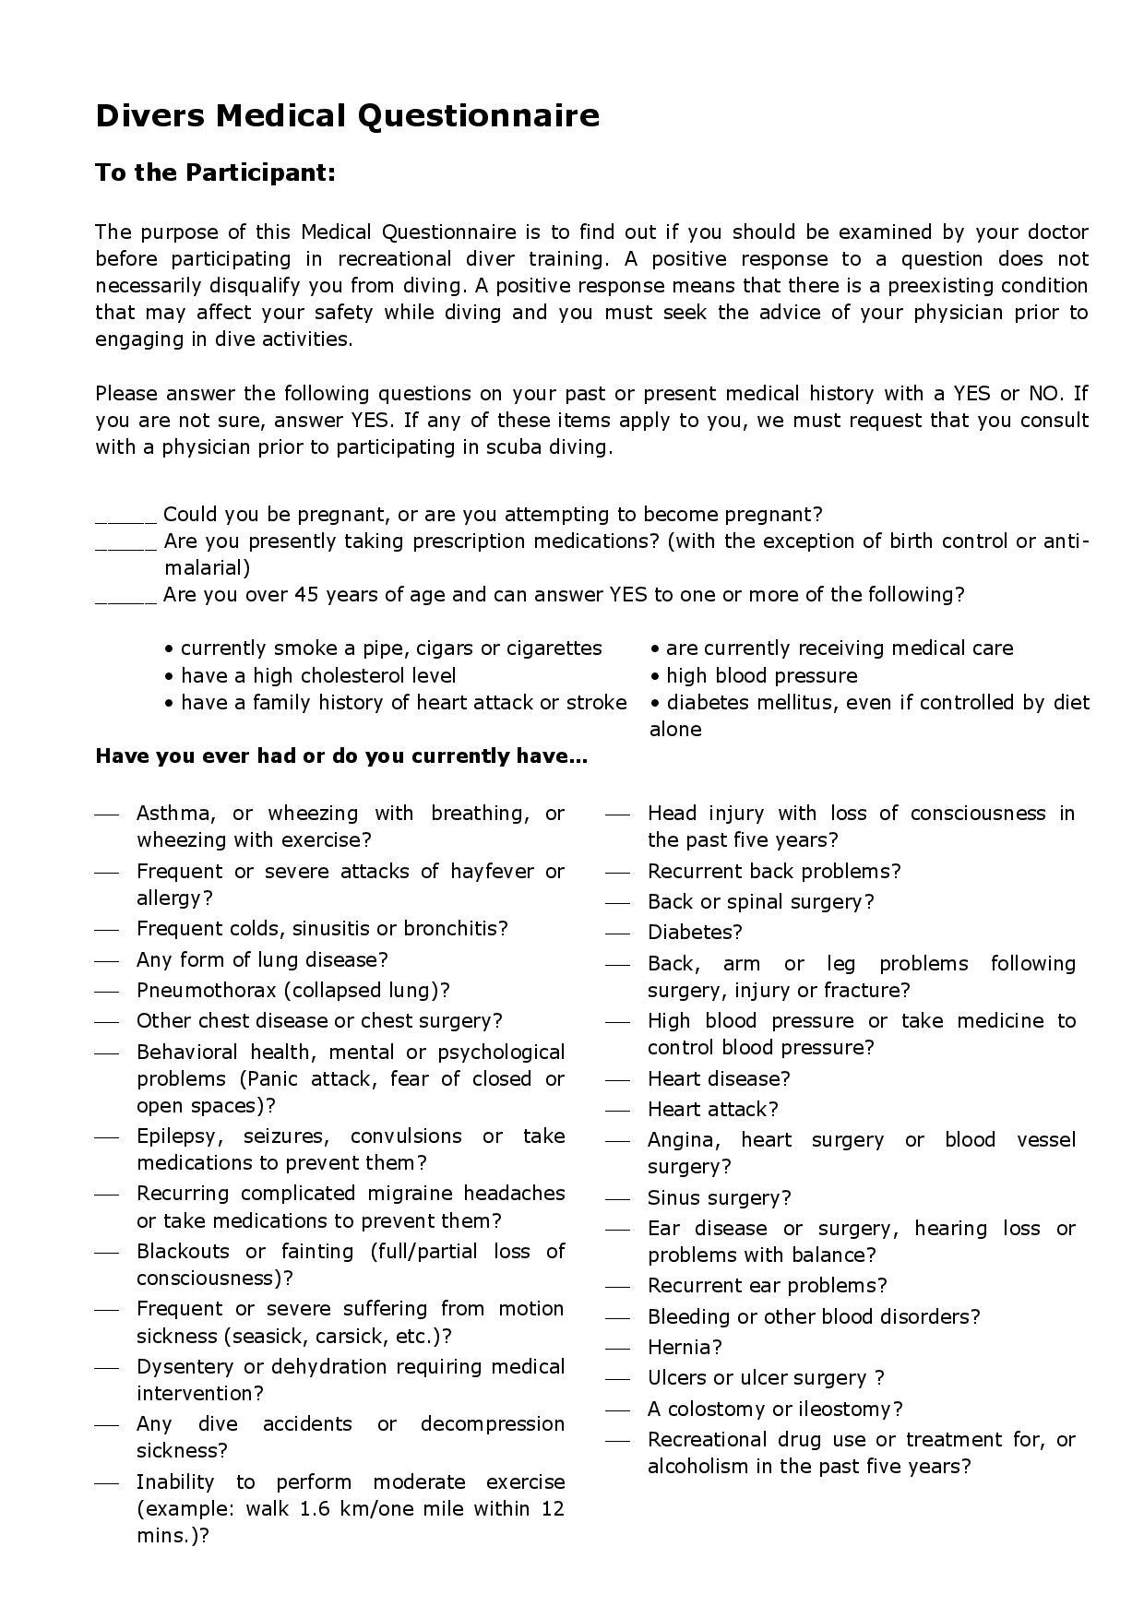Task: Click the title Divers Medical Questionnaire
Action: click(x=347, y=116)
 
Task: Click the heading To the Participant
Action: click(x=215, y=173)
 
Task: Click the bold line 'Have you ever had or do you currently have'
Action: click(x=341, y=756)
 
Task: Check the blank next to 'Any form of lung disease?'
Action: click(x=107, y=960)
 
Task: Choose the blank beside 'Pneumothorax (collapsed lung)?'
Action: click(x=107, y=992)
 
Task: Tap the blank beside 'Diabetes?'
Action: click(x=618, y=934)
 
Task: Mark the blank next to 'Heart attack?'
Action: click(x=618, y=1111)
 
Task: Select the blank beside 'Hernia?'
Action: click(x=618, y=1349)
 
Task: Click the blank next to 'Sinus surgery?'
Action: click(x=618, y=1199)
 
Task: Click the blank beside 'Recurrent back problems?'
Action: click(x=618, y=873)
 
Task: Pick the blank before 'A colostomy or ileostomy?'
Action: click(x=618, y=1410)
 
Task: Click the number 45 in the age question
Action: click(x=306, y=594)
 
